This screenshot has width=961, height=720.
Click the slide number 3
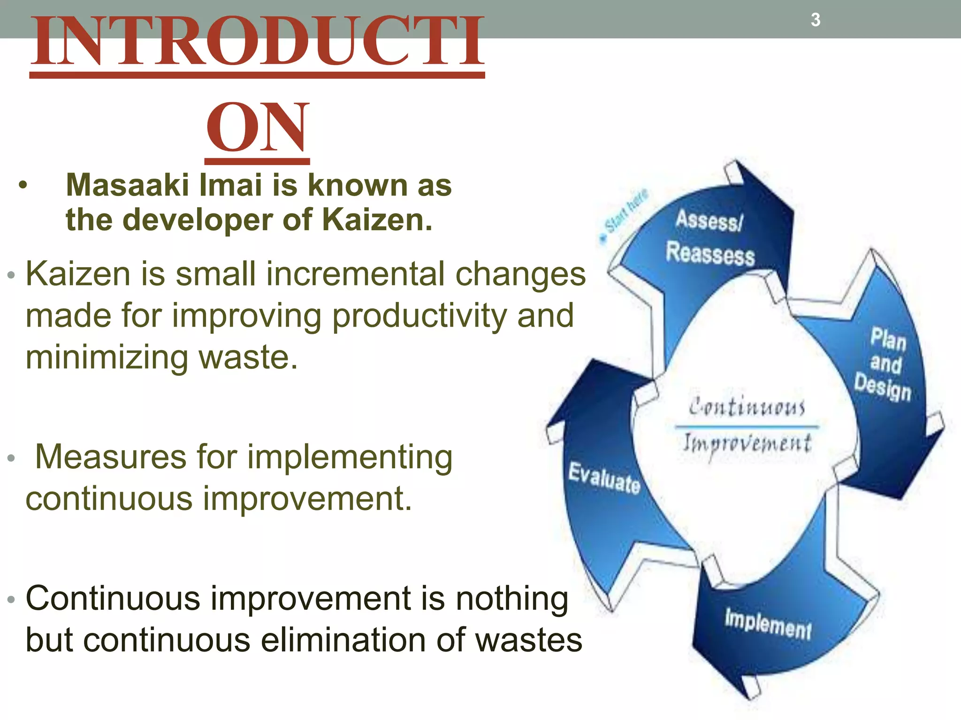coord(816,20)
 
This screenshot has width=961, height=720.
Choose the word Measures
coord(111,457)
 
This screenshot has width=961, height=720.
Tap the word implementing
coord(350,457)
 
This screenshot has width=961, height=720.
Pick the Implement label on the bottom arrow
coord(768,623)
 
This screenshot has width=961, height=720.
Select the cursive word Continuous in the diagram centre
coord(747,406)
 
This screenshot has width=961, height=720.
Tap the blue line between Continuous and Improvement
coord(746,427)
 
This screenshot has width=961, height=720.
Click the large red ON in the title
coord(258,127)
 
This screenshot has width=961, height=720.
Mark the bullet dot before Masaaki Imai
coord(23,186)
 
